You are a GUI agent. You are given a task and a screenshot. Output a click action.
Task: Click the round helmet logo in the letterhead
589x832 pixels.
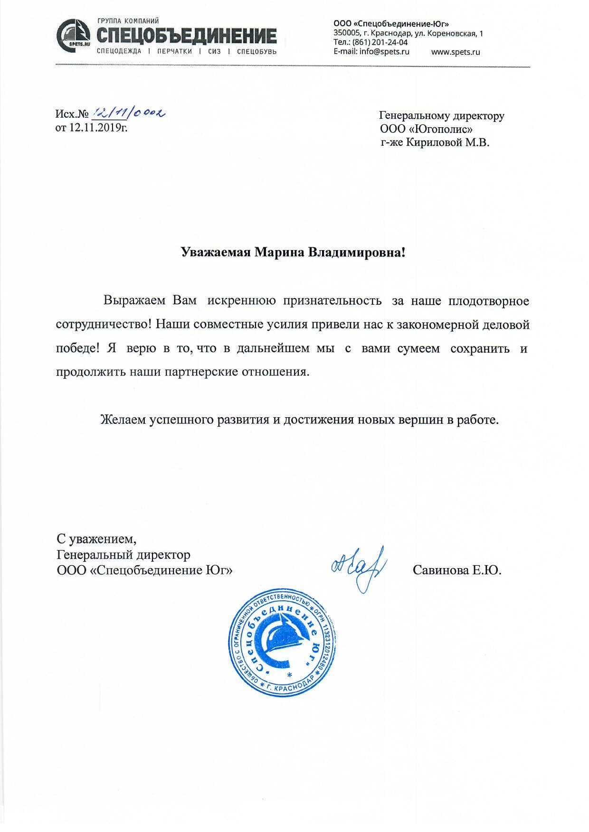(x=73, y=35)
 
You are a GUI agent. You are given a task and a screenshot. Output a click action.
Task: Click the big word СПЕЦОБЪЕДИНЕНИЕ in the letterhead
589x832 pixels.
(x=187, y=36)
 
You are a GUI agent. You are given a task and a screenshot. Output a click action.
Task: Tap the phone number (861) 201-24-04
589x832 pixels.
(x=380, y=42)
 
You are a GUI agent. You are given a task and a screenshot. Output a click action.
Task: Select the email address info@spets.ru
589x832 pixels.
(x=384, y=51)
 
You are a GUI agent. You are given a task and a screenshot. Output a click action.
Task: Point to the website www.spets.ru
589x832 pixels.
(x=455, y=52)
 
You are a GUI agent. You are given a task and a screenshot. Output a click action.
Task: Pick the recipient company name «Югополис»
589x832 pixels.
(x=440, y=129)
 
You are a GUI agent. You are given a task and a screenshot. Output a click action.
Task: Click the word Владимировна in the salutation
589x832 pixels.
(x=357, y=252)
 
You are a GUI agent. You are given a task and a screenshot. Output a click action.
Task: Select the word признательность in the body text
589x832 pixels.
(x=332, y=301)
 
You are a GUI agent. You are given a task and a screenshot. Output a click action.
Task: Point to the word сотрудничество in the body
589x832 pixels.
(x=104, y=325)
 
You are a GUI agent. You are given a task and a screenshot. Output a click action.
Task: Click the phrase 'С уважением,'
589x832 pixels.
(x=96, y=539)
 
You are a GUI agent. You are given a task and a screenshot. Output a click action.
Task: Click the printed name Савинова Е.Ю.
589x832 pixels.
(x=457, y=570)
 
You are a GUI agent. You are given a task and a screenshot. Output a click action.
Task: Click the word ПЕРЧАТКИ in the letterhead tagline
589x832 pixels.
(x=174, y=51)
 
